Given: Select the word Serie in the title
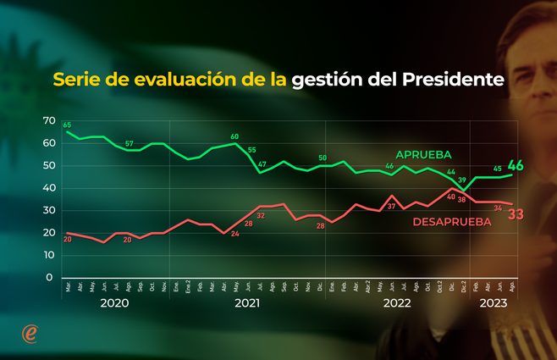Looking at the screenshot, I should (77, 80).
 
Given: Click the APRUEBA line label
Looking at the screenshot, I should (423, 155).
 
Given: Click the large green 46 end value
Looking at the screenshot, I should (515, 166).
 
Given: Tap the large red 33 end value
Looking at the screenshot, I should (515, 214).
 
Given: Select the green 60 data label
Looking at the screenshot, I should (234, 136).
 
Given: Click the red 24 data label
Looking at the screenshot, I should (235, 233).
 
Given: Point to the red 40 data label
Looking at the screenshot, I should (450, 197).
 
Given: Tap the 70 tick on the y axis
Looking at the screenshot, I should (47, 122).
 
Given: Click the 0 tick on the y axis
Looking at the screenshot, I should (50, 277).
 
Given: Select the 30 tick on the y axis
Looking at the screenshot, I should (47, 211).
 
